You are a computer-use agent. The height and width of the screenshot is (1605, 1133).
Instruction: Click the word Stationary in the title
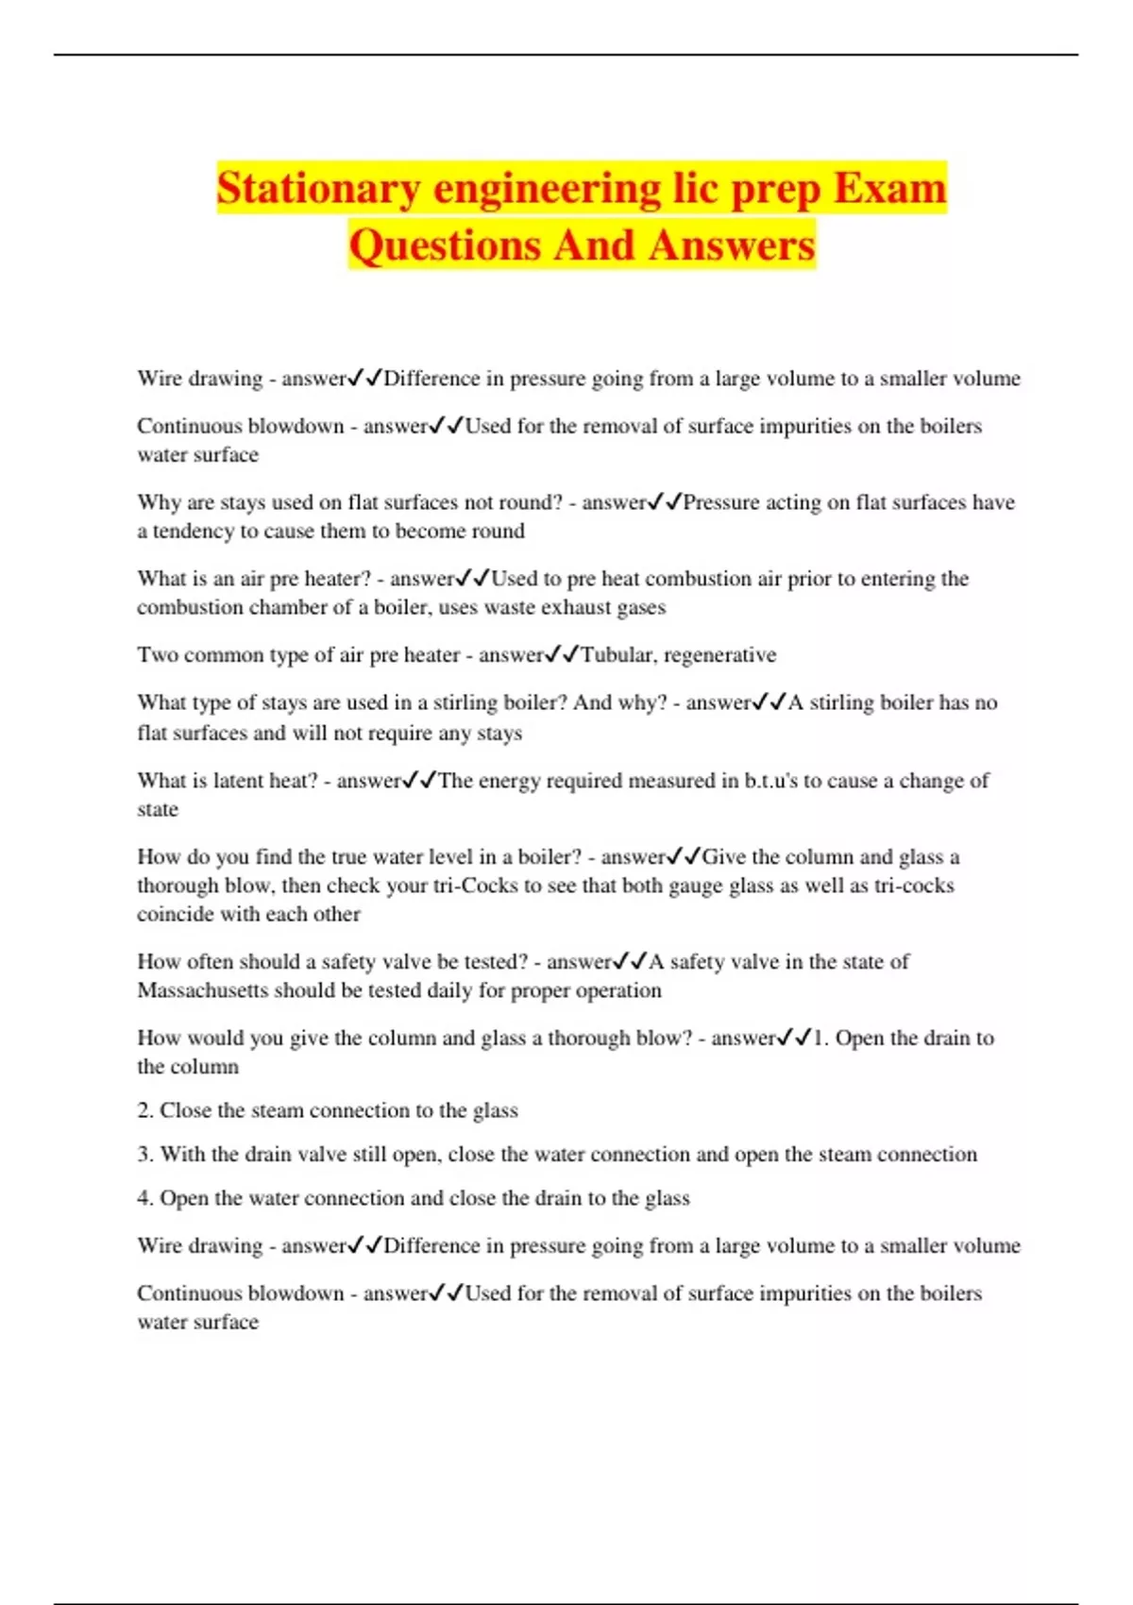point(318,188)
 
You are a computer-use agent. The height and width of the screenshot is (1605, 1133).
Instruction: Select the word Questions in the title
point(445,245)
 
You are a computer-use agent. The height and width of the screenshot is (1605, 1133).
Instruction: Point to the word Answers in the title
point(732,245)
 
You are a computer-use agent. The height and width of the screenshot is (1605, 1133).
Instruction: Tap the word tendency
point(193,531)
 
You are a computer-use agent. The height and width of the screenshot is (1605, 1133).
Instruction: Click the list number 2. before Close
point(144,1110)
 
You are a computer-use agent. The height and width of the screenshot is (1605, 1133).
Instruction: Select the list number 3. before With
point(144,1154)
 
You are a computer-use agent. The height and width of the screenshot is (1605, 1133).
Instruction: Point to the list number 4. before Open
point(144,1198)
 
